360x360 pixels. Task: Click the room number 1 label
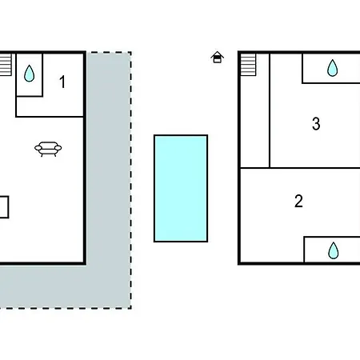62,82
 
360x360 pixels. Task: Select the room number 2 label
298,201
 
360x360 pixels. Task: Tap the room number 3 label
316,124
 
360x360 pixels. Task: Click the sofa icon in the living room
48,149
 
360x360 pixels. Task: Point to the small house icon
217,57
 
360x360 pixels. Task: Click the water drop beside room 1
29,74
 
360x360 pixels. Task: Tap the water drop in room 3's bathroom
333,68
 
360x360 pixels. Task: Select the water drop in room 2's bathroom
333,250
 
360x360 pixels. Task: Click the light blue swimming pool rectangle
181,189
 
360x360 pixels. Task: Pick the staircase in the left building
6,65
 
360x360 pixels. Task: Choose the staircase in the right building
248,65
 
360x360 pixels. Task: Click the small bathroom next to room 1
30,75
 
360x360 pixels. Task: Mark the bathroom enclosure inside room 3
331,69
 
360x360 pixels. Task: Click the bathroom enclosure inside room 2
332,250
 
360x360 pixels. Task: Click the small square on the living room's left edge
4,207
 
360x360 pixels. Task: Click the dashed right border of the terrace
130,180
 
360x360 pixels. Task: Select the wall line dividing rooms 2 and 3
300,168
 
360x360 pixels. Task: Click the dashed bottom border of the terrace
66,308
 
